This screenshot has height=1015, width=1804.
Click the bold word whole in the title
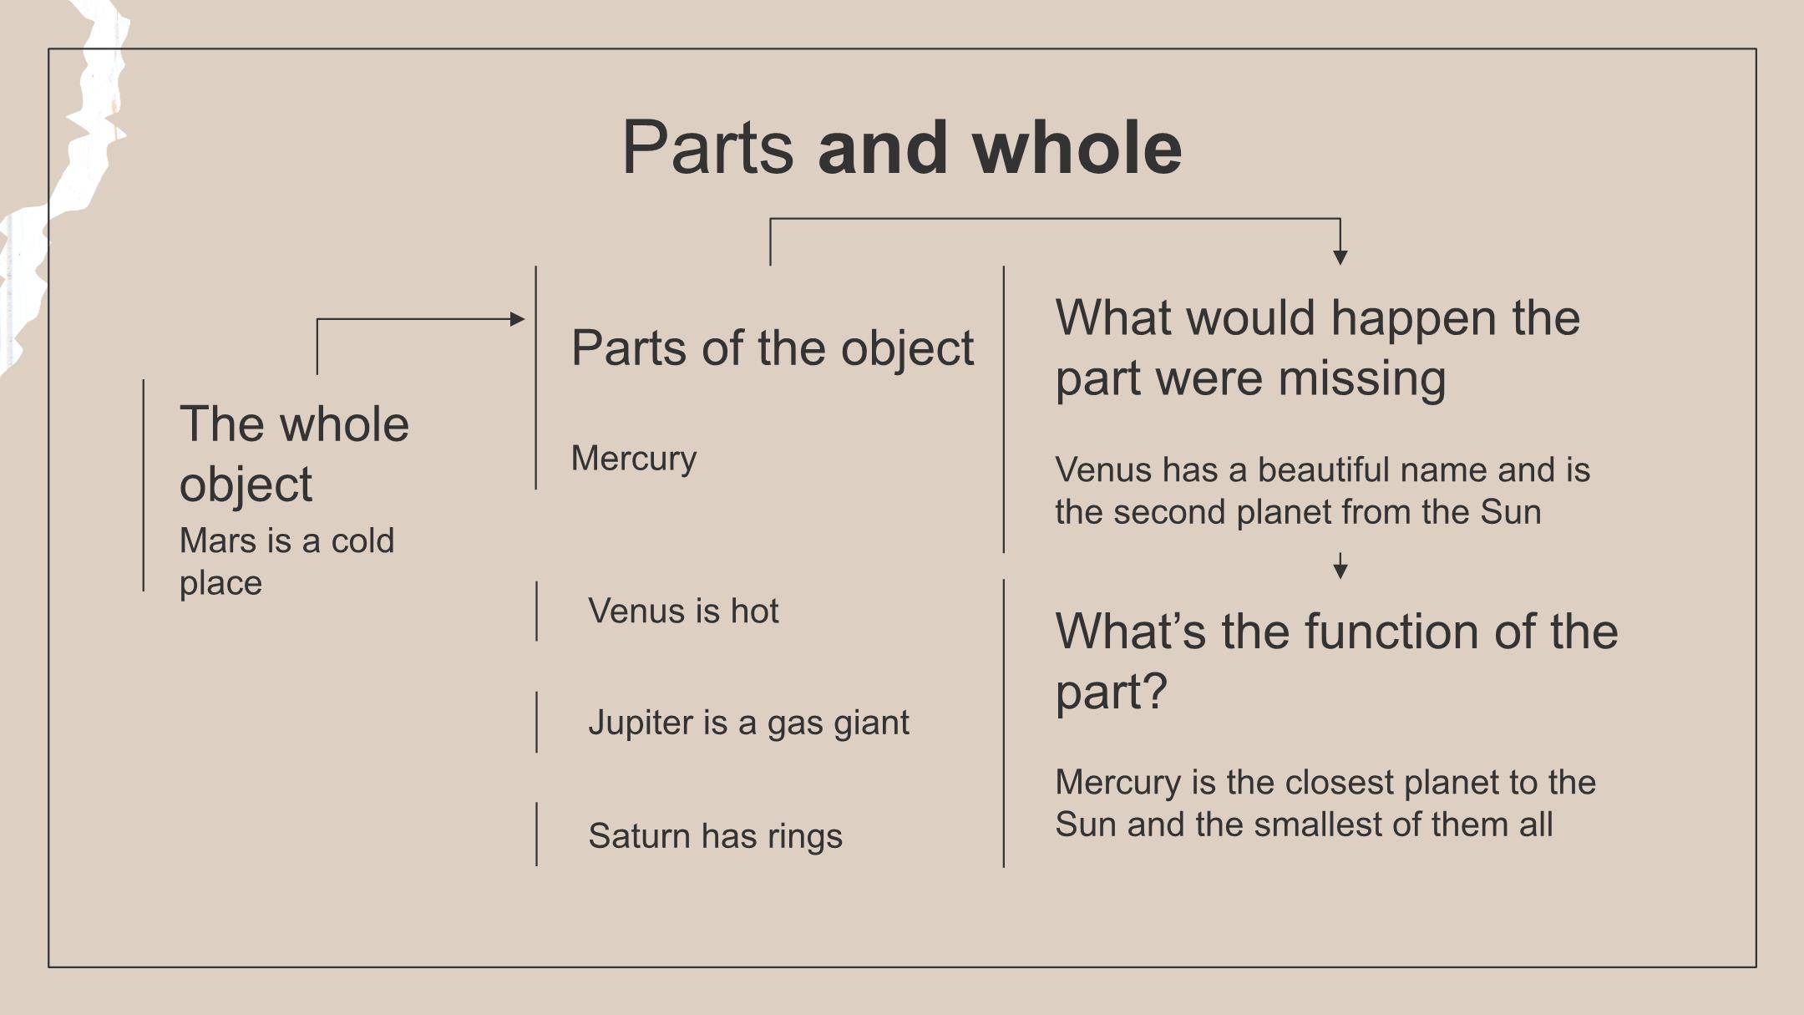coord(1077,148)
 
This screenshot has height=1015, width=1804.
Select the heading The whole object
coord(294,454)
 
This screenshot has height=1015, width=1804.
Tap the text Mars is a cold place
coord(286,561)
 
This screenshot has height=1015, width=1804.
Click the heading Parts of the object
coord(772,348)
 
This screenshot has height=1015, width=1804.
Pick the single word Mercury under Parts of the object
coord(633,459)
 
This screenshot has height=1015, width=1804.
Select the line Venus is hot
coord(683,611)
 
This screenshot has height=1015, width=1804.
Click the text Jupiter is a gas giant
coord(748,723)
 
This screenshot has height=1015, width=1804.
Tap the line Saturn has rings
coord(715,835)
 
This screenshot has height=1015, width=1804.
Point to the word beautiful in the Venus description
coord(1327,469)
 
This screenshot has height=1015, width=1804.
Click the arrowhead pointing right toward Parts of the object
coord(517,319)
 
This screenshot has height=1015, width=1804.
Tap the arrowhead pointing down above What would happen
coord(1340,257)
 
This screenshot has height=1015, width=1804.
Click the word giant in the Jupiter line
coord(874,723)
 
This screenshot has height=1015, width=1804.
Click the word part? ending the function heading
coord(1111,692)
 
